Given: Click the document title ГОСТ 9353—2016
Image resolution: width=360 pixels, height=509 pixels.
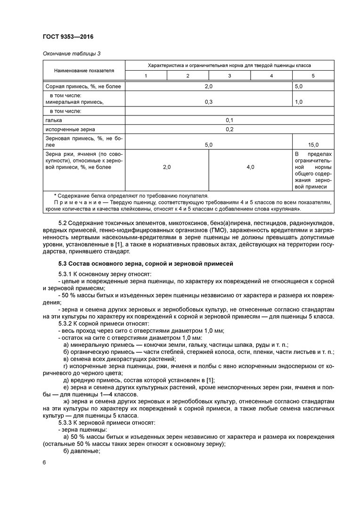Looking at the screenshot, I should pos(71,37).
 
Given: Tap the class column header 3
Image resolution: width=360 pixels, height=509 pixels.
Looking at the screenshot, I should pos(229,76).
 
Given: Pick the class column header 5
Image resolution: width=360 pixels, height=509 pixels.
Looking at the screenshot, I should pos(313,76).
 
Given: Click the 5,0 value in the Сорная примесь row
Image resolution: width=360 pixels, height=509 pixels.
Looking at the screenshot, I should pos(299,87).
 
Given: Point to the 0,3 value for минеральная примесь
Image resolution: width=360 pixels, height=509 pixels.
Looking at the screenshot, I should pos(209,101).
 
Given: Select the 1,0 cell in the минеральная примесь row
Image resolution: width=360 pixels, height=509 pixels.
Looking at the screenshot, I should pos(299,101).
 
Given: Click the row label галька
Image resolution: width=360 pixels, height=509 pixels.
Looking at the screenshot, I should pos(54,120).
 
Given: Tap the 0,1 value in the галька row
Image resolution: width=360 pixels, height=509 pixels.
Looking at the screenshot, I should pos(229,120).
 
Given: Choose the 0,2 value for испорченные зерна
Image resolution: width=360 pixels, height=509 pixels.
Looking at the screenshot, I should pos(229,129).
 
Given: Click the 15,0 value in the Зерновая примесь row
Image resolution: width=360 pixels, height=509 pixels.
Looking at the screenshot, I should pos(313,145).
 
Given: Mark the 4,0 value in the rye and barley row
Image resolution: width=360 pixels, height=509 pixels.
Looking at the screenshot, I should pos(250,167).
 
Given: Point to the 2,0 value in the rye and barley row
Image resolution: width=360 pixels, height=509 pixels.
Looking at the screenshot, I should pos(167,167).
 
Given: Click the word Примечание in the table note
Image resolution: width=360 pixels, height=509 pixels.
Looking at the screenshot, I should pos(75,202).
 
